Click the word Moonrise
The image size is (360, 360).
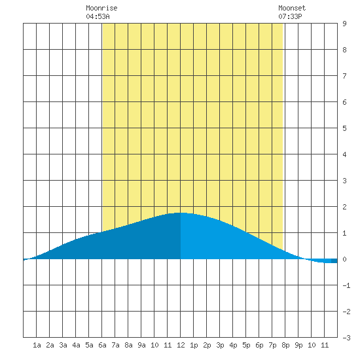point(101,8)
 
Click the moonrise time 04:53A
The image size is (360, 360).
point(98,16)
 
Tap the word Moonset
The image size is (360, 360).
point(292,8)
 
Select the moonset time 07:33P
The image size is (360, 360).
point(290,16)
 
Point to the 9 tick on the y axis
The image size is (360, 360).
point(344,24)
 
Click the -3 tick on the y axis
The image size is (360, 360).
point(346,338)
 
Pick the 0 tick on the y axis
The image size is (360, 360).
point(344,259)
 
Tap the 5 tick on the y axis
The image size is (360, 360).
point(344,128)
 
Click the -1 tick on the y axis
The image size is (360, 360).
point(346,285)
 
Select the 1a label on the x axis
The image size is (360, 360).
point(37,345)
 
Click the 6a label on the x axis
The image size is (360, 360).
point(102,345)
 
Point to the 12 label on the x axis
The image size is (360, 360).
point(181,345)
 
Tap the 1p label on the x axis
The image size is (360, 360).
point(194,345)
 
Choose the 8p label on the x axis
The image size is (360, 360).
point(285,345)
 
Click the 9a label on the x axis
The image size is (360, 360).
point(141,345)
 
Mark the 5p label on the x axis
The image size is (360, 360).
point(246,345)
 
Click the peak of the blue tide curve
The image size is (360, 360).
point(181,213)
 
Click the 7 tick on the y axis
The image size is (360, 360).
point(344,76)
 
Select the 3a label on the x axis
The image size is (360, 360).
point(63,345)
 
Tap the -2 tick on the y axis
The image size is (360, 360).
point(346,312)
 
